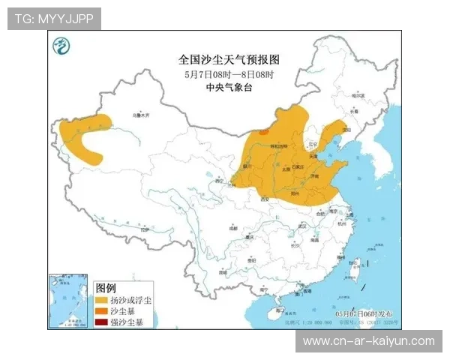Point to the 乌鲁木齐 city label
point(141,116)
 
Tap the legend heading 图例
point(106,288)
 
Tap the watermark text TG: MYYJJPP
point(54,19)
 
